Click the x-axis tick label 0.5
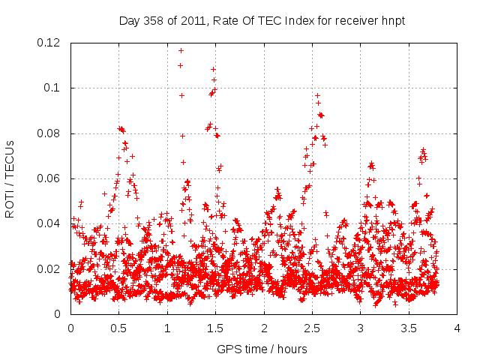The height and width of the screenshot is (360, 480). coord(118,328)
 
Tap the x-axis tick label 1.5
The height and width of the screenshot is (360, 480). coord(215,328)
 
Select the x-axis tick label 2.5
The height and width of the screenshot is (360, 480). coord(312,328)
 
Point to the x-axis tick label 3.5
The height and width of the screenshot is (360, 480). coord(409,328)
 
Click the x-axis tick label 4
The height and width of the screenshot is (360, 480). coord(457,328)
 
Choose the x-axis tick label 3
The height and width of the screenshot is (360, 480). coord(360,328)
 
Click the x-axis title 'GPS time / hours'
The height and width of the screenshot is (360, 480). coord(262,349)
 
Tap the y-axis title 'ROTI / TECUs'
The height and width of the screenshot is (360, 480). coord(10,178)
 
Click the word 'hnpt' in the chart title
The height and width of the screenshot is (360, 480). coord(392,21)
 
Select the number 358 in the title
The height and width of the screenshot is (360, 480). coord(154,21)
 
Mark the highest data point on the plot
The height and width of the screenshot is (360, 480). coord(181,50)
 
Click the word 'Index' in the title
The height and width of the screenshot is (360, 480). coord(298,21)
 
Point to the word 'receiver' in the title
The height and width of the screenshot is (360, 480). coord(355,21)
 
